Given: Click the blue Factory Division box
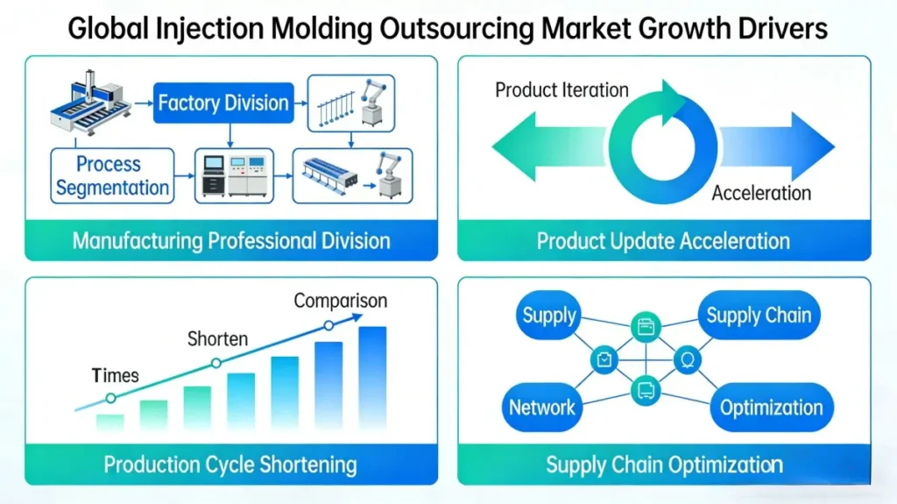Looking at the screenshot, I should [x=222, y=103].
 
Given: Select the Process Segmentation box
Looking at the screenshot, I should [x=109, y=175].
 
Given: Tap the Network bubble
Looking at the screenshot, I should [x=542, y=407].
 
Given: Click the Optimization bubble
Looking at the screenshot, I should [x=771, y=407].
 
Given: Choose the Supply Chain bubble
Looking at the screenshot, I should [x=759, y=316].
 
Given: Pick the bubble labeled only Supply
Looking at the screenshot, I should [x=549, y=316].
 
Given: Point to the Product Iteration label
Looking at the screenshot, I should [x=562, y=90].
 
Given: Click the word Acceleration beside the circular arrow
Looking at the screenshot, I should [x=761, y=193].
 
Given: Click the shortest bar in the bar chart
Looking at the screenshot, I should [x=110, y=422].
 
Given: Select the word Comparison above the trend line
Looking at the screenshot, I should [x=340, y=301].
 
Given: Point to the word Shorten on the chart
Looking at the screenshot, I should [x=218, y=338].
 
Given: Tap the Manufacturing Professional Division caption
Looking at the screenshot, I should [x=231, y=240].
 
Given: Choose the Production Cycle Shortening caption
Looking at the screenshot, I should [x=230, y=464].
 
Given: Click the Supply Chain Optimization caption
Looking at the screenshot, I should [x=664, y=464].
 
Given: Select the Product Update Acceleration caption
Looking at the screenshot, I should [x=663, y=240].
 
